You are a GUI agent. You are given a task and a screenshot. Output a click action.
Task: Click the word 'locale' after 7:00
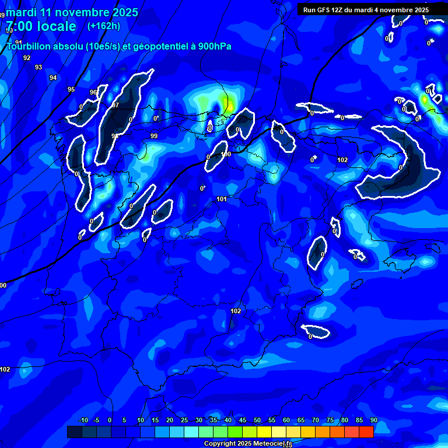pyautogui.click(x=55, y=26)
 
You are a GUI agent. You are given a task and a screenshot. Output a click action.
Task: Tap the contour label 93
pyautogui.click(x=38, y=67)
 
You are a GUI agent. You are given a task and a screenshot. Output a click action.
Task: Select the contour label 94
pyautogui.click(x=53, y=78)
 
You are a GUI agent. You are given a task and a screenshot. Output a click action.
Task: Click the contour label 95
pyautogui.click(x=71, y=89)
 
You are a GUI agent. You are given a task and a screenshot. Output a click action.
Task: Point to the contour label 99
pyautogui.click(x=154, y=136)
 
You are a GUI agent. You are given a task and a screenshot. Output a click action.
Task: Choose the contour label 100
pyautogui.click(x=226, y=154)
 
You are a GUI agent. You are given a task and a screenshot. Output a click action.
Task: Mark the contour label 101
pyautogui.click(x=222, y=199)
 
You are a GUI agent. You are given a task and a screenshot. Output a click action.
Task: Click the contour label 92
pyautogui.click(x=27, y=58)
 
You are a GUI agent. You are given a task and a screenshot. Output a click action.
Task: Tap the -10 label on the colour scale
pyautogui.click(x=83, y=421)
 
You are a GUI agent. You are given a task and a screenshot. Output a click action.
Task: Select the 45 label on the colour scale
pyautogui.click(x=243, y=421)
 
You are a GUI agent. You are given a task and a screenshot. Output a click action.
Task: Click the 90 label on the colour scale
pyautogui.click(x=374, y=421)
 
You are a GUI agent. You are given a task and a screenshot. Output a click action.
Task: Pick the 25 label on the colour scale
pyautogui.click(x=184, y=421)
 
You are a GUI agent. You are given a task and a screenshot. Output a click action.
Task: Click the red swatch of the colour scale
pyautogui.click(x=366, y=432)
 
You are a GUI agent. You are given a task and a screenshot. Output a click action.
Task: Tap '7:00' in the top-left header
pyautogui.click(x=19, y=26)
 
